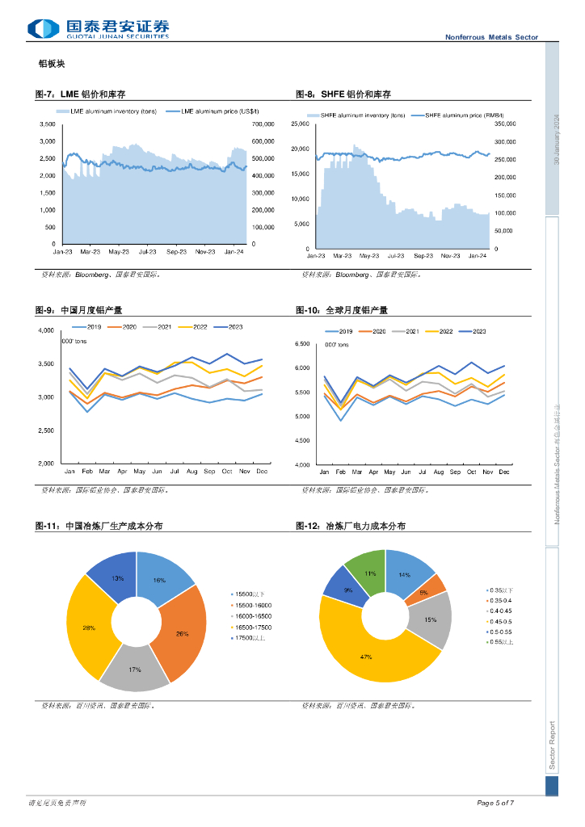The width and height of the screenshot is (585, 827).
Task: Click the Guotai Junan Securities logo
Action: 99,28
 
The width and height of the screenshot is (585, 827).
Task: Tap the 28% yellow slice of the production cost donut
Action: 89,628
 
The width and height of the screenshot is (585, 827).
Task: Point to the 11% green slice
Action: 370,574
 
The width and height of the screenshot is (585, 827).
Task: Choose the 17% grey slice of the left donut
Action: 134,669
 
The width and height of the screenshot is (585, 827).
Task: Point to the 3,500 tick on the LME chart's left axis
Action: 47,124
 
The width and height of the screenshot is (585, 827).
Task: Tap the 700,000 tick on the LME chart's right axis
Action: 263,124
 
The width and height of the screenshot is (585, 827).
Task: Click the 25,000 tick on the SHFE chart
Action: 301,124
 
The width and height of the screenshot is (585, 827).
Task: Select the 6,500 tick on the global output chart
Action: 302,344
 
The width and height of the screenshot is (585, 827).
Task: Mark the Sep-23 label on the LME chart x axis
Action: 176,251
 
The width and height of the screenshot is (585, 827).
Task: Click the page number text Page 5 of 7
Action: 495,803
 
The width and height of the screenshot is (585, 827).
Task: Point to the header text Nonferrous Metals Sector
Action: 491,37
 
